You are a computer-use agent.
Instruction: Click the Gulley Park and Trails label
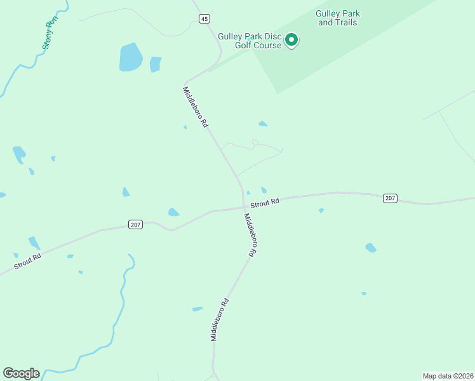coord(337,18)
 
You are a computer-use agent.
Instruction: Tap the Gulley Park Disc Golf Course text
coord(249,41)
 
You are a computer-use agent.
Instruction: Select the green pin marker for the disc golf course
coord(291,39)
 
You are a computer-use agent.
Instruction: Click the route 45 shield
coord(204,19)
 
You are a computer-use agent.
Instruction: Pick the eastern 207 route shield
coord(390,199)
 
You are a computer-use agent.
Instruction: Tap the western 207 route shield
coord(135,224)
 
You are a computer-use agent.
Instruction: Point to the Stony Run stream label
coord(51,32)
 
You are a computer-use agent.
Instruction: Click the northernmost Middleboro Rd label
coord(196,107)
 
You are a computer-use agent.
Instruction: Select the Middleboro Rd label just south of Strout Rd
coord(251,234)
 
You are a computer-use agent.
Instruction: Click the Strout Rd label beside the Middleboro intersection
coord(265,203)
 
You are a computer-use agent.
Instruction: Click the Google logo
coord(21,373)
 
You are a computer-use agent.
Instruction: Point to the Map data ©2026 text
coord(448,376)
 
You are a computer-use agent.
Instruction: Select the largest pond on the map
coord(130,58)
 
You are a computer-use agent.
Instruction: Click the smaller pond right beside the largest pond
coord(155,64)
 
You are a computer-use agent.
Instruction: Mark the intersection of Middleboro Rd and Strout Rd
coord(244,206)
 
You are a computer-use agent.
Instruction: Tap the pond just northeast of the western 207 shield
coord(173,212)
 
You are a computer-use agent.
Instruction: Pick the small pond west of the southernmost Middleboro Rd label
coord(197,309)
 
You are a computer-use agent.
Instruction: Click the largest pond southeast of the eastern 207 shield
coord(371,248)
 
